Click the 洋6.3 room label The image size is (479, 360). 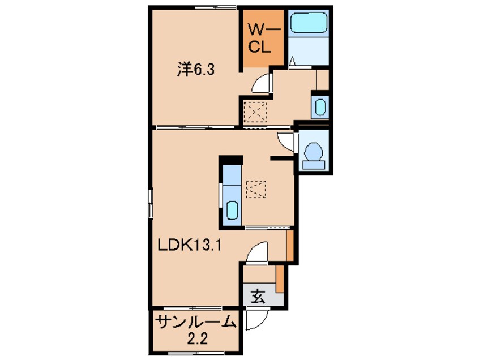coord(195,70)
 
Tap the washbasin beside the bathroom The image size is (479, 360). coord(320,107)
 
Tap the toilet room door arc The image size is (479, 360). coord(285,140)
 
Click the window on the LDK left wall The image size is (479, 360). coord(151,202)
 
